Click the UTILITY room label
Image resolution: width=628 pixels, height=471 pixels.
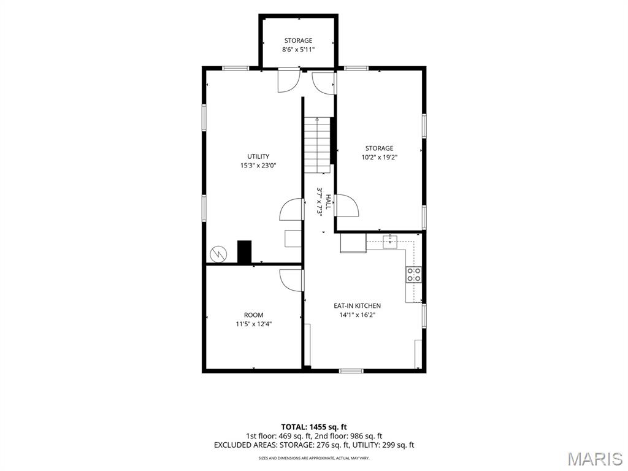point(258,156)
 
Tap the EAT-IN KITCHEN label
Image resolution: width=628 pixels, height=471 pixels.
point(358,305)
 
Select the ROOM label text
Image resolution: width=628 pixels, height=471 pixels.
point(254,315)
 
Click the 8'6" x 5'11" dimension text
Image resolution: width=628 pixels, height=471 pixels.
point(299,50)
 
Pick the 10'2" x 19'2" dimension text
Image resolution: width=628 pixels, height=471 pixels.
point(379,158)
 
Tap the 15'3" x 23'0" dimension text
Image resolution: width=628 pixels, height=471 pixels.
point(258,166)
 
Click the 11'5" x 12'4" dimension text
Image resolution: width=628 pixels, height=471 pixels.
point(254,324)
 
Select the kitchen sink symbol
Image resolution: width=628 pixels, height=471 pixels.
point(389,242)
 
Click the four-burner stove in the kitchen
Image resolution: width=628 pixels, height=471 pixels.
point(414,275)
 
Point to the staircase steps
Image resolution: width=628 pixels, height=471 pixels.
point(318,145)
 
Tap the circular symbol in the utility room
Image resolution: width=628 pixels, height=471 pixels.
point(219,253)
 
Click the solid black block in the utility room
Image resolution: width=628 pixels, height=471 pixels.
point(244,252)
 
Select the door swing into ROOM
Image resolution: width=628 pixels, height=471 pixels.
point(291,280)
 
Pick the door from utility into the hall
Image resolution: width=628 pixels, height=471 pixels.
point(291,209)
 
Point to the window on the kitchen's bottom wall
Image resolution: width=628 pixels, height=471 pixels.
point(351,371)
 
